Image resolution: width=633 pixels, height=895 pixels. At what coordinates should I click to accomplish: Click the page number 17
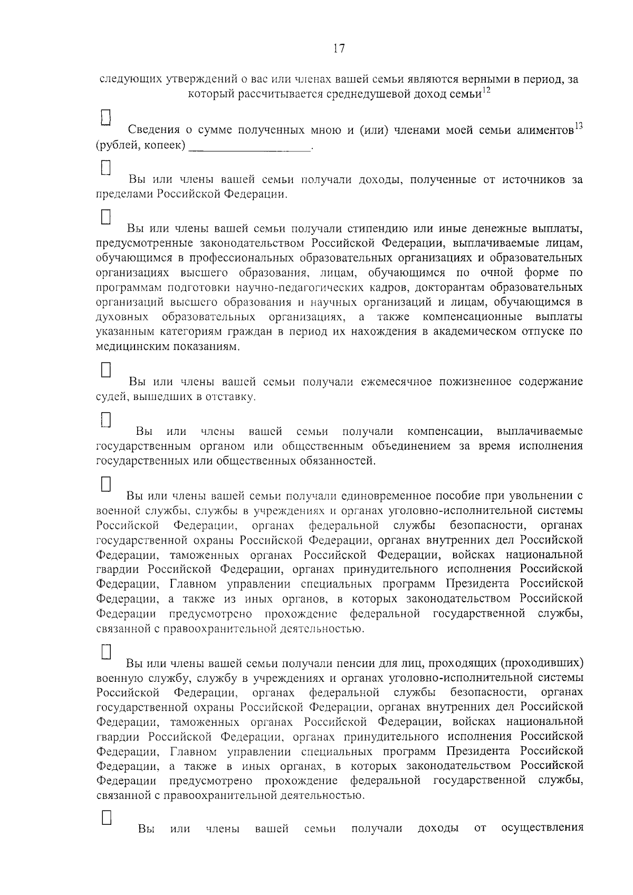pyautogui.click(x=339, y=49)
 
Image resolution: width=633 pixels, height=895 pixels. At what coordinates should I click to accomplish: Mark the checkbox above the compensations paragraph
pyautogui.click(x=105, y=420)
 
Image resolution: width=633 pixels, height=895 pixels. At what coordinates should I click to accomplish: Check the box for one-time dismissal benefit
pyautogui.click(x=105, y=484)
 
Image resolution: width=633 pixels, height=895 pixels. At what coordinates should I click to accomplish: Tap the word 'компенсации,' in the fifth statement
pyautogui.click(x=445, y=432)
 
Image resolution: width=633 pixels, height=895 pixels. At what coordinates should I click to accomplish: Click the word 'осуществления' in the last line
pyautogui.click(x=542, y=828)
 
